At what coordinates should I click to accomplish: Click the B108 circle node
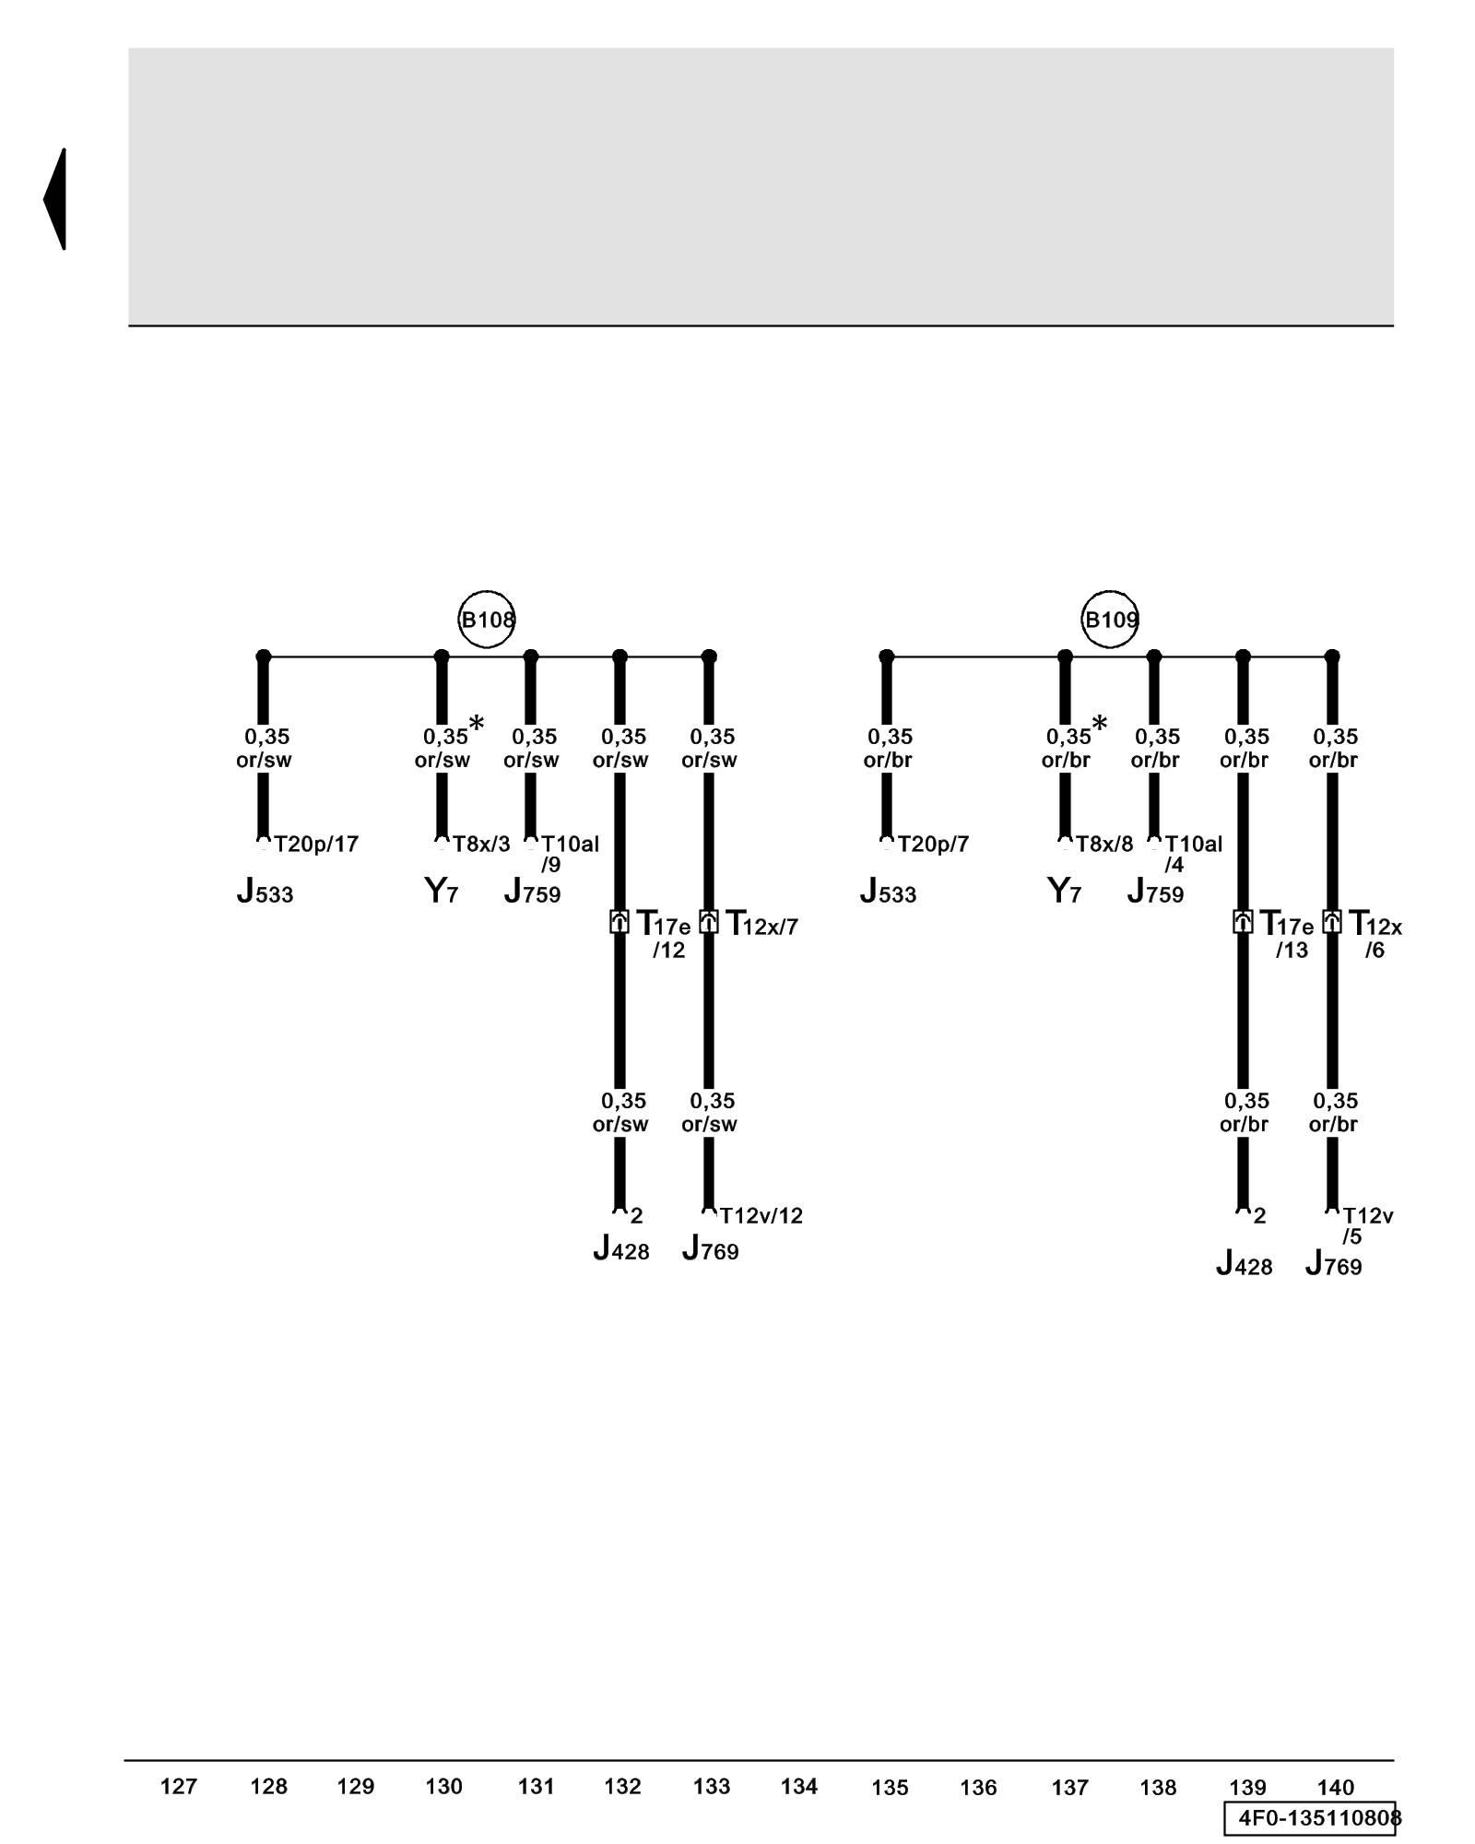[x=486, y=620]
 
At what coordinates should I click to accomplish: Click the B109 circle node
[x=1109, y=620]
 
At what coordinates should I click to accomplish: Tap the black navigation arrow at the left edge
[x=56, y=198]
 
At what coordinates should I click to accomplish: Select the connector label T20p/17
[x=316, y=844]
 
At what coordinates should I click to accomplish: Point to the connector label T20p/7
[x=933, y=844]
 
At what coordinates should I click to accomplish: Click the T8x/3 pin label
[x=480, y=844]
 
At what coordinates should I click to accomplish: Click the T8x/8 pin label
[x=1103, y=844]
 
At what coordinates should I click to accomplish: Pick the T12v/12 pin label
[x=761, y=1215]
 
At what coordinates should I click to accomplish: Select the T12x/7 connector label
[x=761, y=924]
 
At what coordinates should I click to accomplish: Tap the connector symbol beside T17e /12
[x=619, y=921]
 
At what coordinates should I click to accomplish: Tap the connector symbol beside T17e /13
[x=1243, y=921]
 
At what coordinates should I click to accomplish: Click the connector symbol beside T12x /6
[x=1331, y=921]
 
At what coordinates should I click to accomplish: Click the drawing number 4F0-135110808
[x=1314, y=1817]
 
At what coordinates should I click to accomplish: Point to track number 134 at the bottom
[x=798, y=1787]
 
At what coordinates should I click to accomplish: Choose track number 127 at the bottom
[x=178, y=1787]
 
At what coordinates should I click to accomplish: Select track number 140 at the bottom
[x=1335, y=1787]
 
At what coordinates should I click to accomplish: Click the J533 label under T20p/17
[x=265, y=892]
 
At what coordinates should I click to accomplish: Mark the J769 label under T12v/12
[x=710, y=1249]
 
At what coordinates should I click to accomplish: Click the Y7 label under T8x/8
[x=1064, y=892]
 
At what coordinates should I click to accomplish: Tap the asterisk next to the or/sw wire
[x=476, y=724]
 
